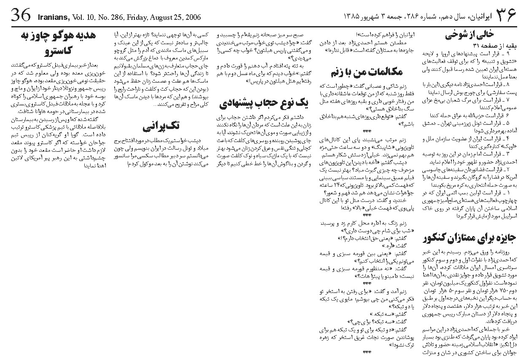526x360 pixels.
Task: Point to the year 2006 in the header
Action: (190, 18)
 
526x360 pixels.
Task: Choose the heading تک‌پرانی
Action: (161, 126)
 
